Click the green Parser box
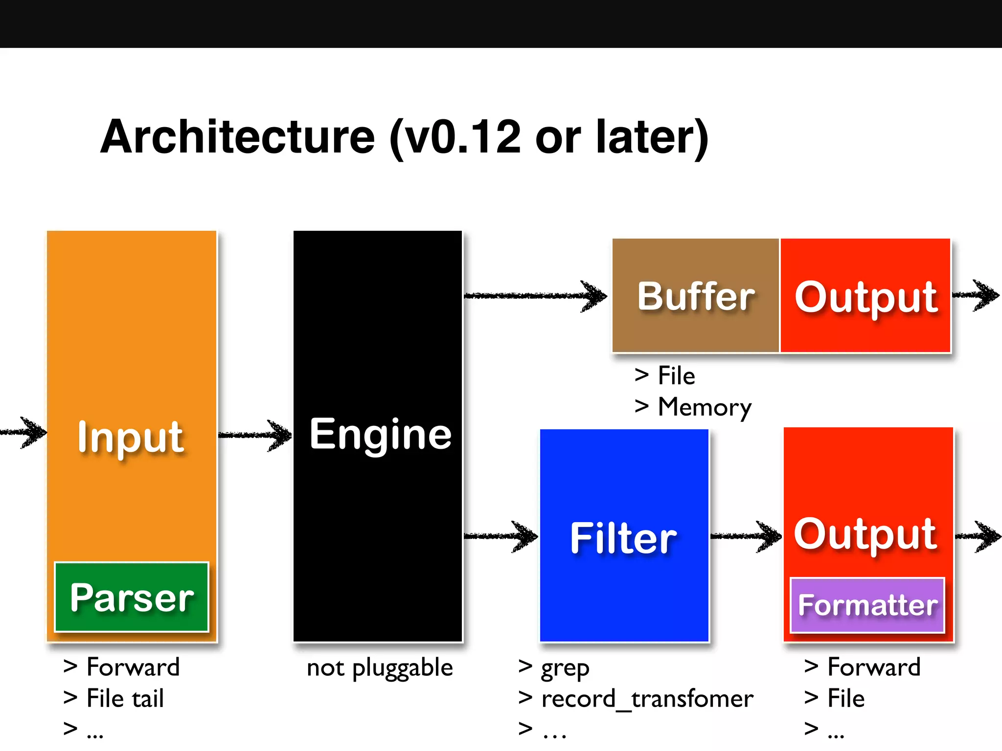point(132,597)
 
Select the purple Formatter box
point(867,605)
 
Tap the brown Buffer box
point(695,296)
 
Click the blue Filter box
point(624,538)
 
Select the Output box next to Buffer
point(865,296)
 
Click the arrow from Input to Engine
point(254,435)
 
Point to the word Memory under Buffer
point(705,407)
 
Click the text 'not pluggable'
point(380,668)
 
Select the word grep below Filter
point(565,668)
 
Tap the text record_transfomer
point(647,698)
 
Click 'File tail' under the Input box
point(125,698)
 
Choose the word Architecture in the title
point(237,137)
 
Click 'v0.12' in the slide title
point(462,137)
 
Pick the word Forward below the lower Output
point(874,667)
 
